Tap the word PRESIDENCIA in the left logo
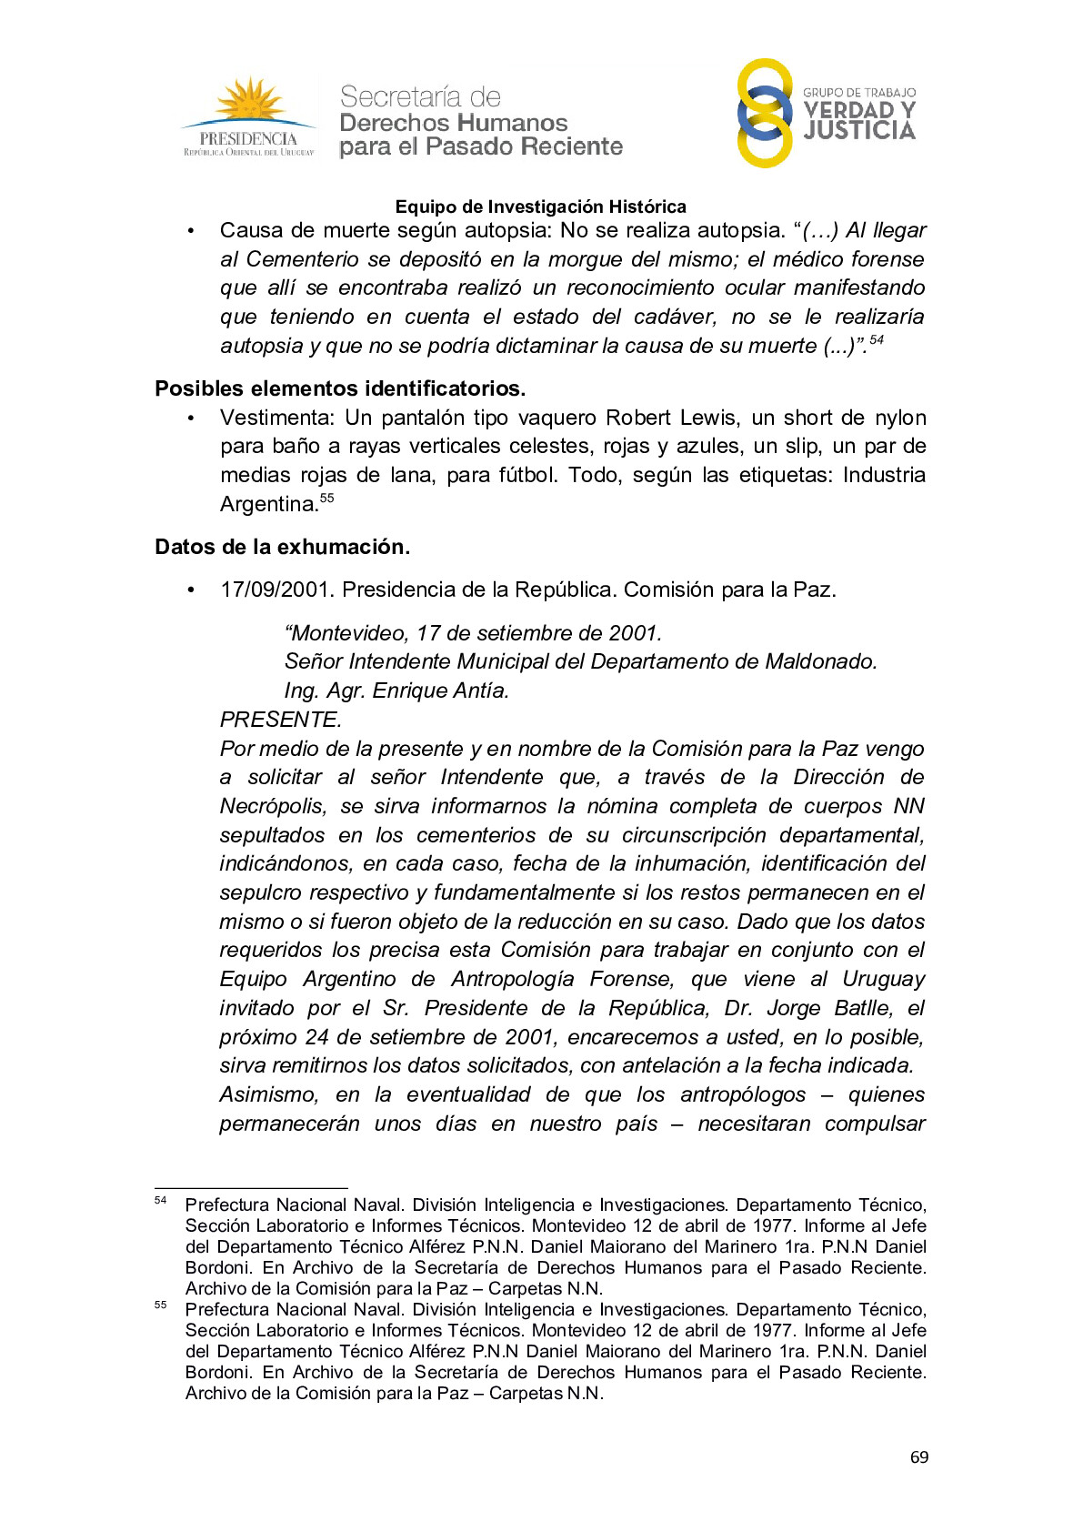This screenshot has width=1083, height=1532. coord(248,139)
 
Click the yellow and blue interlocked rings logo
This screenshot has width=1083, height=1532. coord(764,114)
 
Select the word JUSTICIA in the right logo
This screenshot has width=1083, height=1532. coord(859,132)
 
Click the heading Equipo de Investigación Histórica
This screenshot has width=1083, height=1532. coord(540,207)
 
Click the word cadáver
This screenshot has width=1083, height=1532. coord(675,317)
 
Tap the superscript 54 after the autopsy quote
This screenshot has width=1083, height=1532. coord(877,340)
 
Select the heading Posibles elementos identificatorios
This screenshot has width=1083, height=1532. coord(340,388)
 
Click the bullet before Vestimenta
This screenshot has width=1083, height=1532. coord(191,418)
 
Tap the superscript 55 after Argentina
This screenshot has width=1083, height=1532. coord(327,498)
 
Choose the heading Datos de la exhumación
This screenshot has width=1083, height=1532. coord(282,547)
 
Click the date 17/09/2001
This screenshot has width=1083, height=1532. coord(276,590)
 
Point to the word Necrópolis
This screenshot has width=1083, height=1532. coord(272,806)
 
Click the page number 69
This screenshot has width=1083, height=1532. coord(919,1457)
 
